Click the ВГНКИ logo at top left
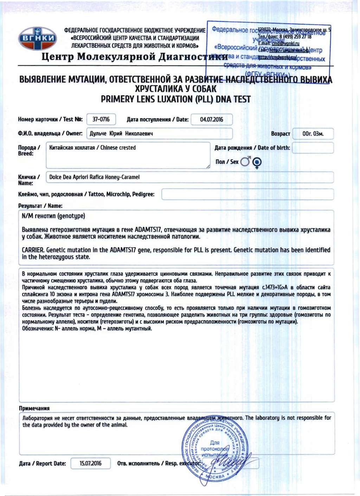click(x=37, y=38)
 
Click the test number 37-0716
click(x=101, y=120)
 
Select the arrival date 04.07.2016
click(x=211, y=120)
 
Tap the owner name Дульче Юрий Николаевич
click(x=121, y=134)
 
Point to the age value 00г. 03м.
click(x=313, y=134)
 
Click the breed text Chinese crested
click(x=118, y=148)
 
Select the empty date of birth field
click(x=313, y=148)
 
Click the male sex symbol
click(x=246, y=161)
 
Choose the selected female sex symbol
click(x=257, y=162)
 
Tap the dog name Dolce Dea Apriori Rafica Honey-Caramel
click(x=94, y=177)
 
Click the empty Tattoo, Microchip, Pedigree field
click(x=247, y=194)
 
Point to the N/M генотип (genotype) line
click(x=53, y=216)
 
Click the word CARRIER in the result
click(x=33, y=250)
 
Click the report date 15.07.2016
click(x=90, y=463)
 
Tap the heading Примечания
click(x=34, y=408)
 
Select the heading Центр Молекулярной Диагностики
click(x=135, y=57)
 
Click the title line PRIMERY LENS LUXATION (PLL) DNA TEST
click(x=175, y=100)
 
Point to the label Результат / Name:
click(x=40, y=206)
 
